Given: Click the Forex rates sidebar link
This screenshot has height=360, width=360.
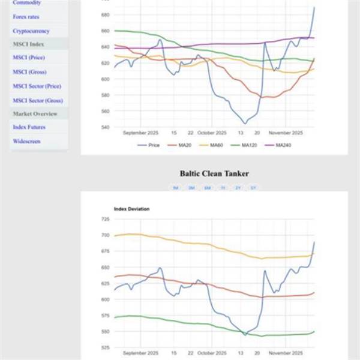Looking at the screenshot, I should [x=26, y=17].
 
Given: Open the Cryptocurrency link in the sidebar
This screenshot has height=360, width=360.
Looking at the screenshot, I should [x=31, y=31].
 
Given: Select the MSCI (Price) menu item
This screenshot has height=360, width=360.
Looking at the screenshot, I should [x=29, y=58].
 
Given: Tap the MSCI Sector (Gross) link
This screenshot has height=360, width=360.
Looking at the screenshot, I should [x=37, y=101].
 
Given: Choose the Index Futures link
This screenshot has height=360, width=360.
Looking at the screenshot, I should [x=29, y=127].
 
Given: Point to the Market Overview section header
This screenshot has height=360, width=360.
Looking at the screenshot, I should [x=35, y=114].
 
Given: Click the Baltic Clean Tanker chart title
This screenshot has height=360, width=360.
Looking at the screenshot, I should [x=214, y=173].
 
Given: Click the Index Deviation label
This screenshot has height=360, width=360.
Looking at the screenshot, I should [x=131, y=209].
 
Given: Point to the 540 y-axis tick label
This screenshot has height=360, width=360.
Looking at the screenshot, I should [x=105, y=127].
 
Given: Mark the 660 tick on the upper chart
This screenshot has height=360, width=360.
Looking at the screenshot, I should [x=105, y=31].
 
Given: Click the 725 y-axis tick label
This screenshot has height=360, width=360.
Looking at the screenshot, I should [x=105, y=220].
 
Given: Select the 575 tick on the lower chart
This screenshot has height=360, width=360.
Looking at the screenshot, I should [x=105, y=316].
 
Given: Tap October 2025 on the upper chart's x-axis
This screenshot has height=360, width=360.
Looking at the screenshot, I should [x=212, y=133].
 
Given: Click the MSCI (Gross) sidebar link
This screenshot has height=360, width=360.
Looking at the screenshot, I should [x=29, y=72].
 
